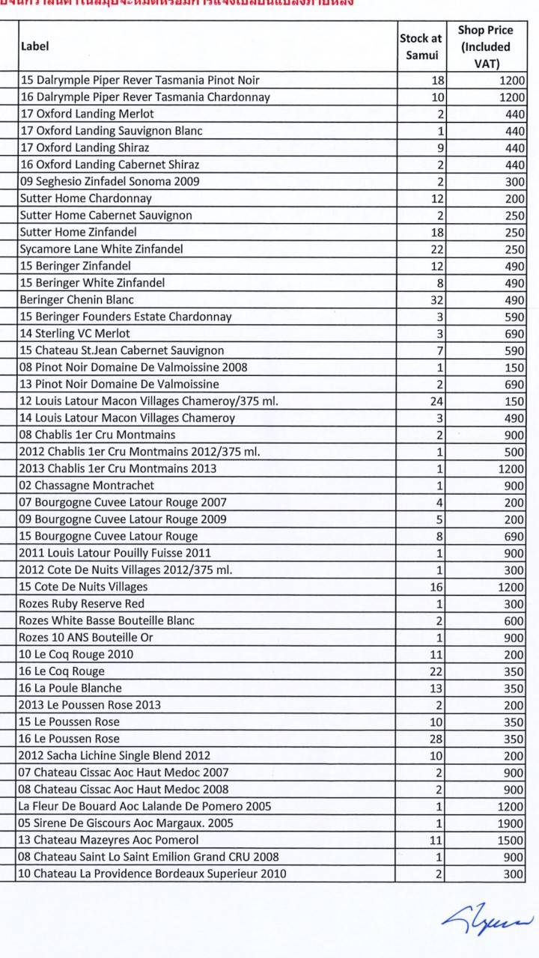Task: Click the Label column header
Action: [x=34, y=46]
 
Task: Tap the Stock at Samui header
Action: [x=421, y=46]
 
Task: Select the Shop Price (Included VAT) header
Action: [x=486, y=46]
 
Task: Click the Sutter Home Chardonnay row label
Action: [x=85, y=198]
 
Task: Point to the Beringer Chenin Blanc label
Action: [x=76, y=299]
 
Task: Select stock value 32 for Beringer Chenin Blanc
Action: [x=437, y=299]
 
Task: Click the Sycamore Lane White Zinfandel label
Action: [x=101, y=248]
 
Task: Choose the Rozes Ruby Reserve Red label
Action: [x=82, y=603]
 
